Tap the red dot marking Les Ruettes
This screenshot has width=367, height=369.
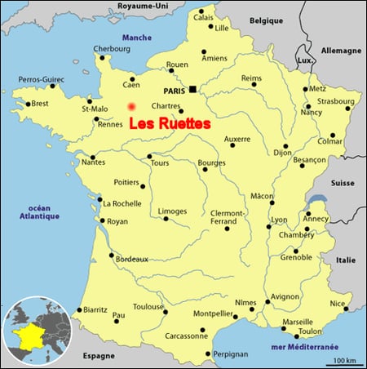131,106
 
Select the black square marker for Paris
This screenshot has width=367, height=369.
192,89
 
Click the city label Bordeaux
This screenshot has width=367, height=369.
131,259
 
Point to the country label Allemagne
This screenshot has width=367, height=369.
341,50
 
